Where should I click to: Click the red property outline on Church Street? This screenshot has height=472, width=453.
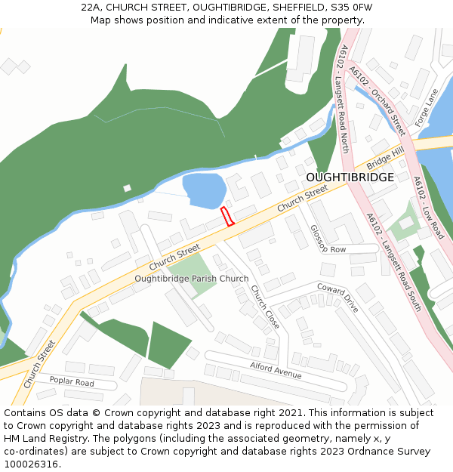click(227, 216)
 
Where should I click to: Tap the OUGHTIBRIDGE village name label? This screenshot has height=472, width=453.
click(350, 177)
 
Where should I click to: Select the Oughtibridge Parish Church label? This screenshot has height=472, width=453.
click(191, 279)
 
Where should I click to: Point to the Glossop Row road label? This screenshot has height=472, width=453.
click(328, 239)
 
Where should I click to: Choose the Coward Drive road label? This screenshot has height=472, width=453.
click(337, 298)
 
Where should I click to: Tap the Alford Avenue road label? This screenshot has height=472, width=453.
click(276, 370)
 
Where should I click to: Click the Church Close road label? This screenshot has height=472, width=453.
click(265, 307)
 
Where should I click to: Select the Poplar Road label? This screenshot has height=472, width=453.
click(72, 382)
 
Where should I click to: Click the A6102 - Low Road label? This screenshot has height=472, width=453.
click(429, 208)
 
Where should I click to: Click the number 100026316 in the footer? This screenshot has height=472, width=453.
click(31, 464)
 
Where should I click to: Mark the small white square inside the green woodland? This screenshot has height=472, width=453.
click(127, 188)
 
